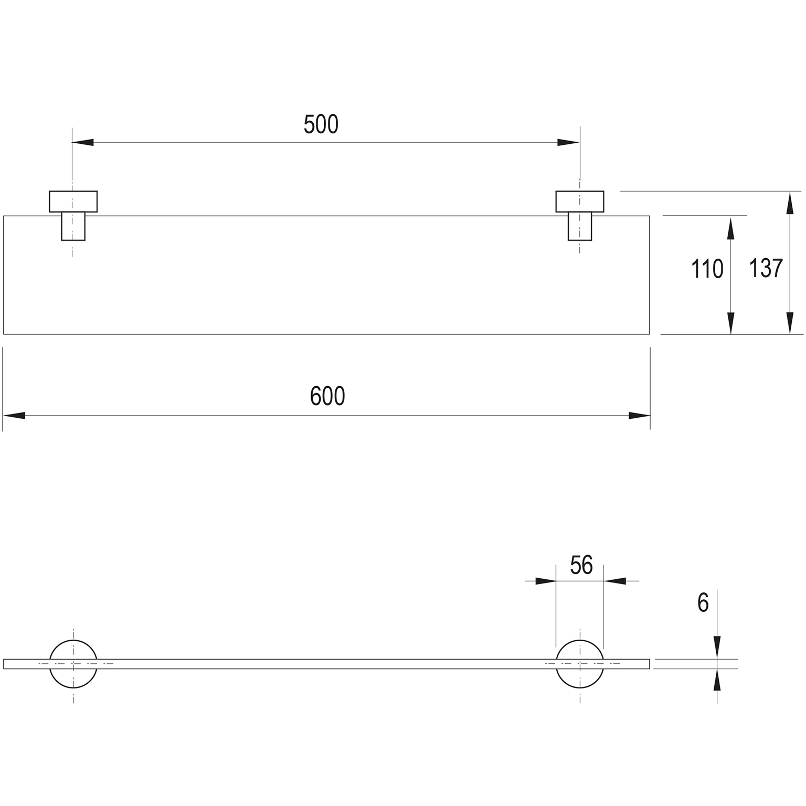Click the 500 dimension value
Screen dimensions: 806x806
pyautogui.click(x=321, y=125)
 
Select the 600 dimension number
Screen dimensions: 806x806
pyautogui.click(x=327, y=396)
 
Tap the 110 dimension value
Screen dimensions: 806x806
pyautogui.click(x=707, y=269)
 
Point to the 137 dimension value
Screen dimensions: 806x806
pyautogui.click(x=766, y=268)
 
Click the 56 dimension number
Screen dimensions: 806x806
pyautogui.click(x=581, y=565)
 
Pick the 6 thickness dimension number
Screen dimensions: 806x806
pyautogui.click(x=703, y=603)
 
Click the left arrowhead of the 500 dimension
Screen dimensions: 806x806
pyautogui.click(x=83, y=142)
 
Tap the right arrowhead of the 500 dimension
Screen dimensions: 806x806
pyautogui.click(x=569, y=142)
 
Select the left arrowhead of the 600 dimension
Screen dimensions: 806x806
pyautogui.click(x=14, y=416)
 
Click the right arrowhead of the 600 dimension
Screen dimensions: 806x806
pyautogui.click(x=639, y=416)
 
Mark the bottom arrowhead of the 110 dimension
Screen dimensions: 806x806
pyautogui.click(x=730, y=323)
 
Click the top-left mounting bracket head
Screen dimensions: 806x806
pyautogui.click(x=73, y=201)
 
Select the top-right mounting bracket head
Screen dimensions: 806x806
pyautogui.click(x=580, y=201)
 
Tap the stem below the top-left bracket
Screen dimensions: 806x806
pyautogui.click(x=73, y=226)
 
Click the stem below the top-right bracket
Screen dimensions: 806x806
pyautogui.click(x=580, y=226)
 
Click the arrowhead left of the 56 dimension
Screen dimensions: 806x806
pyautogui.click(x=545, y=581)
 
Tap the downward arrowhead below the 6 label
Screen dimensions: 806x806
pyautogui.click(x=717, y=648)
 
